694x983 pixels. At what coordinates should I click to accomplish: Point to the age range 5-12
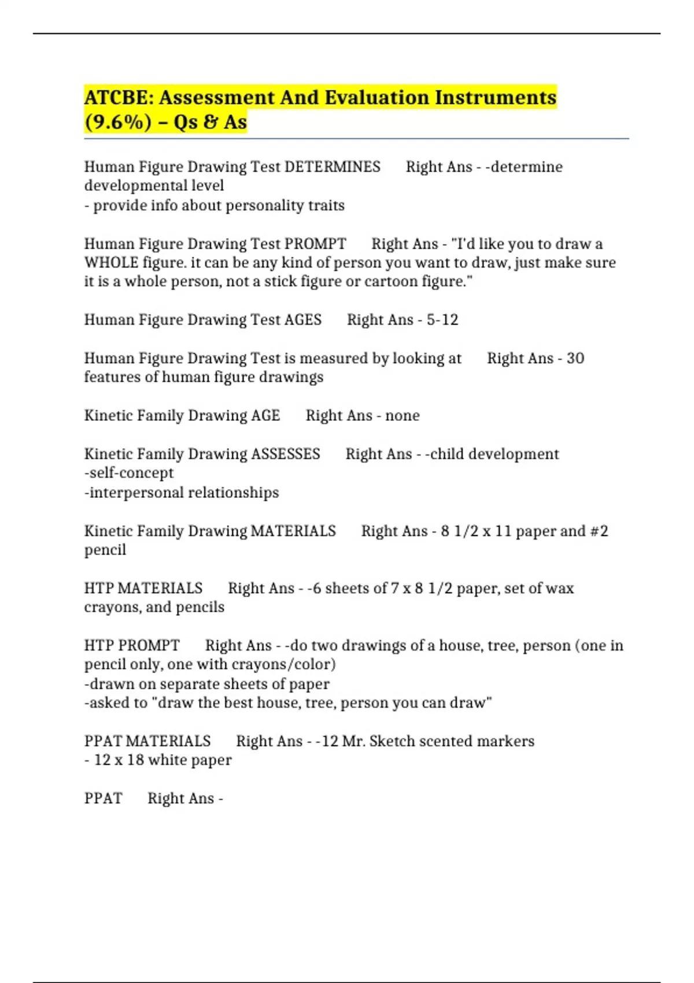coord(442,320)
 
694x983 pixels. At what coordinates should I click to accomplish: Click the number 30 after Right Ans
coord(575,359)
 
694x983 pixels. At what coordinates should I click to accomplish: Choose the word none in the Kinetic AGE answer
coord(403,416)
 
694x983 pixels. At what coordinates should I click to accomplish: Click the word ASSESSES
coord(286,454)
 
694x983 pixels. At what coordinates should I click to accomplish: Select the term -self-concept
coord(129,473)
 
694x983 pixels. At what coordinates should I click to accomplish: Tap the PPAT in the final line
coord(104,799)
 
